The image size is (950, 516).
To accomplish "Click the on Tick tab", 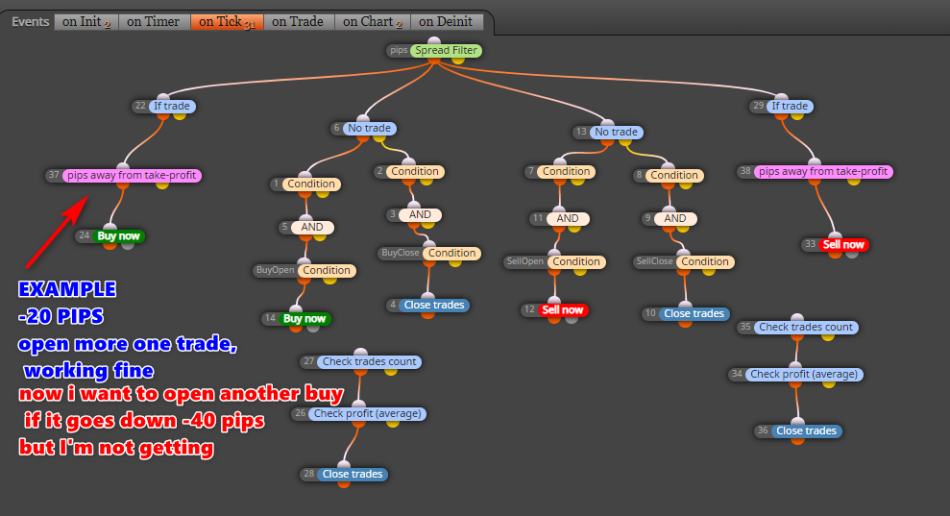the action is (x=227, y=22).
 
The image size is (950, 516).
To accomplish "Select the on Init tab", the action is (x=86, y=22).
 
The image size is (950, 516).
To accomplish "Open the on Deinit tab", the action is (x=446, y=22).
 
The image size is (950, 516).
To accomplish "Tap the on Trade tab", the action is (x=298, y=22).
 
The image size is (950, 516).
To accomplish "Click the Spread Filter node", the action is (x=446, y=50).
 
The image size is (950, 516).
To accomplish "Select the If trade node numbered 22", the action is (x=171, y=106).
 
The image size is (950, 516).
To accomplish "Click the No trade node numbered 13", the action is (x=616, y=133).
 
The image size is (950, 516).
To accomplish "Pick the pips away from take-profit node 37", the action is (x=132, y=175).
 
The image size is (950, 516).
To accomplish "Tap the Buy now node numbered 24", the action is (x=118, y=235).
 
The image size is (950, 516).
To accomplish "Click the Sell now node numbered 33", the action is (x=842, y=245).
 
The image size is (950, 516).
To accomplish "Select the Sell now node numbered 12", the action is (x=562, y=309).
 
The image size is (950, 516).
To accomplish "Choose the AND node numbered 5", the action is (x=312, y=228).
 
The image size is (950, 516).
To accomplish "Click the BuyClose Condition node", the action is (x=452, y=254).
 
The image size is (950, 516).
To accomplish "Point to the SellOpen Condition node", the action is (x=575, y=262).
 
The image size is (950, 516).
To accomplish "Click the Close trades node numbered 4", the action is (x=434, y=305).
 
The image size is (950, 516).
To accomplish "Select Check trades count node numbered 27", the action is (x=369, y=362).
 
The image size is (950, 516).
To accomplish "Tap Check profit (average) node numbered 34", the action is (x=804, y=375).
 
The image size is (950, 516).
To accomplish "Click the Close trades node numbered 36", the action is (x=807, y=431).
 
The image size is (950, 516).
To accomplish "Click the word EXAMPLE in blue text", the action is (x=67, y=289).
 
